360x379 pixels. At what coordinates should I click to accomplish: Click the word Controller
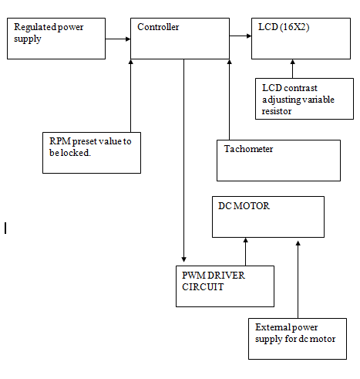tap(158, 27)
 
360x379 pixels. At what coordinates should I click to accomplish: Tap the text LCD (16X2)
tap(284, 27)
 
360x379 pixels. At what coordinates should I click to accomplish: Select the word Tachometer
tap(248, 149)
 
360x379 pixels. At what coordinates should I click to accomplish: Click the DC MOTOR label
tap(244, 206)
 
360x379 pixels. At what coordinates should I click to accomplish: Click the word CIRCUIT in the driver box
tap(203, 287)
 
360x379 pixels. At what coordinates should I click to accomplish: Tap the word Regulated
tap(35, 27)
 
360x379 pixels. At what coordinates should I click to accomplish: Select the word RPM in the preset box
tap(60, 141)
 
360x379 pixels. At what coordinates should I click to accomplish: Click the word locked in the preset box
tap(76, 153)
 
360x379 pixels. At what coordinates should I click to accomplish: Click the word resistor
tap(277, 111)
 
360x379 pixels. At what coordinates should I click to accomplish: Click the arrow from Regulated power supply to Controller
tap(118, 39)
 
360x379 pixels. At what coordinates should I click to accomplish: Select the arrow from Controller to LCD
tap(241, 36)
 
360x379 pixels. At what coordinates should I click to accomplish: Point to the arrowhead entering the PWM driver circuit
tap(183, 259)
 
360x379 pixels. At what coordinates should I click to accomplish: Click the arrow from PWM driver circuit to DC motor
tap(246, 252)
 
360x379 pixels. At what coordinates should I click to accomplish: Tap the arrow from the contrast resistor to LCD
tap(292, 69)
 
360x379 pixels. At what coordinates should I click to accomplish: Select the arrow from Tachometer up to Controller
tap(230, 100)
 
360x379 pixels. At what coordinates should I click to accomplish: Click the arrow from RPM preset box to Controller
tap(130, 96)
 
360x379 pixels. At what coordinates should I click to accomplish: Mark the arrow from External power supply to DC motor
tap(298, 279)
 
